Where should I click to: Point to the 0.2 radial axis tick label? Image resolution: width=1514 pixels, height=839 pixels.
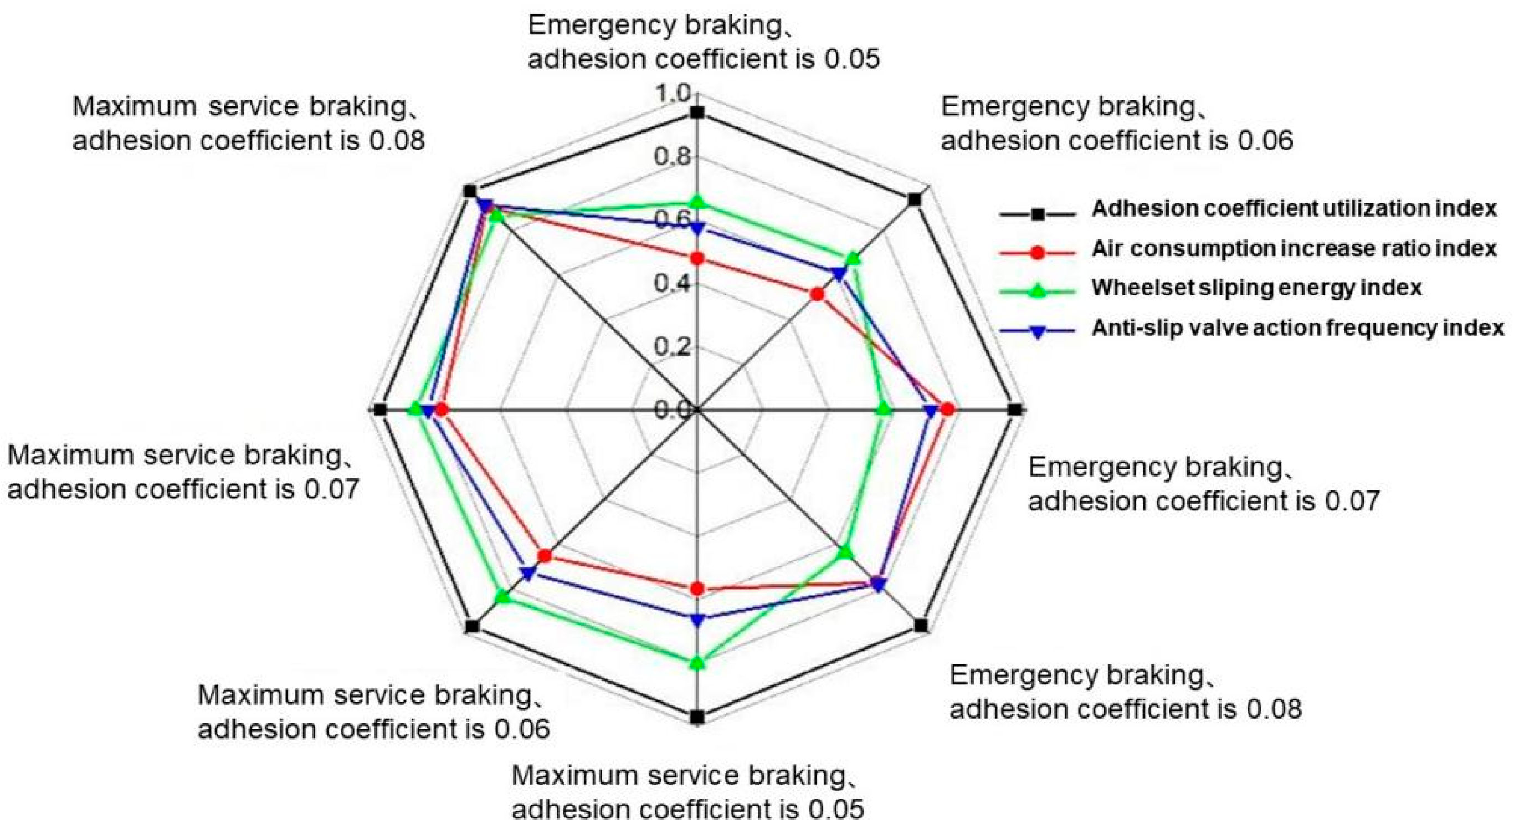pos(674,346)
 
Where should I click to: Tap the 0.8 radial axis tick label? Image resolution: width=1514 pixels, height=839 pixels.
pos(674,157)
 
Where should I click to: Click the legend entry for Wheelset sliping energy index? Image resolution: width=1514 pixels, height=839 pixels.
pos(1256,288)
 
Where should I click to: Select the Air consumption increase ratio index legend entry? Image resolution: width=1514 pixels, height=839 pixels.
pos(1294,249)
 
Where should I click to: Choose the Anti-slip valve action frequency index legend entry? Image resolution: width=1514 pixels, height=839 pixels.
pos(1298,328)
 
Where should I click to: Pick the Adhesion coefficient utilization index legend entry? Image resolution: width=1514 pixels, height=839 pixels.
pos(1294,209)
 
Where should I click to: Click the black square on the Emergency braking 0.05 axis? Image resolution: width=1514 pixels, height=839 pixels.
pos(697,113)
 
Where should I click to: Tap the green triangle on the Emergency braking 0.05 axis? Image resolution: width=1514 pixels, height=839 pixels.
pos(697,202)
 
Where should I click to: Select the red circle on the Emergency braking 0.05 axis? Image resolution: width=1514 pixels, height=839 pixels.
pos(697,258)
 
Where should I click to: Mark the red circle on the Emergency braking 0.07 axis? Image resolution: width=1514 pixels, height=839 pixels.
pos(947,410)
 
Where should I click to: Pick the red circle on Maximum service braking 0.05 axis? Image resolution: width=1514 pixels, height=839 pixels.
pos(697,589)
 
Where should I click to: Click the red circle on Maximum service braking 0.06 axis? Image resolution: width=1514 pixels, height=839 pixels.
pos(545,556)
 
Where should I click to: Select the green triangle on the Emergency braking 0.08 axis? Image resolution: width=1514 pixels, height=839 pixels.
pos(846,551)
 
